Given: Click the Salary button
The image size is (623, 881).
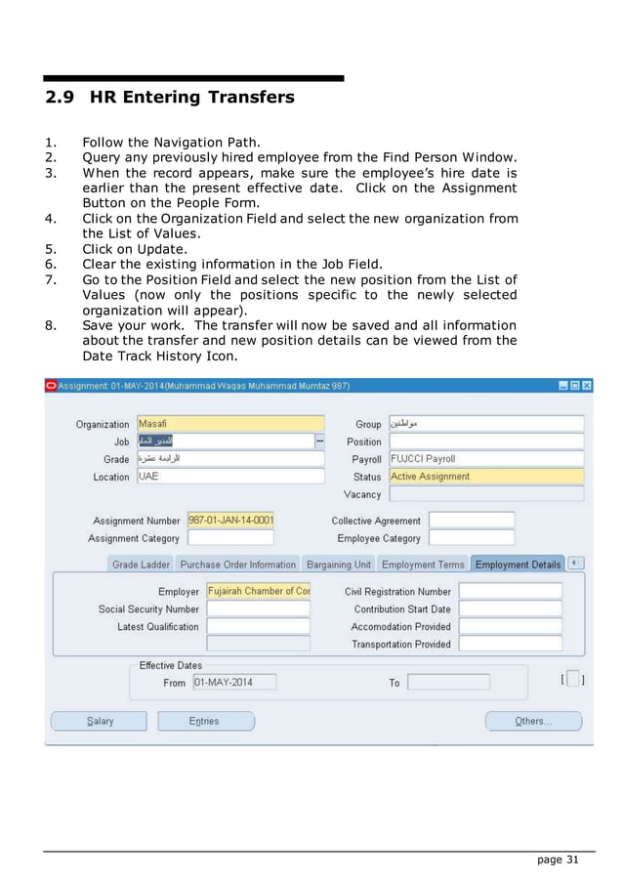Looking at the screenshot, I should tap(99, 721).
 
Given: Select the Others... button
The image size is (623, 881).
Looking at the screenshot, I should tap(532, 721).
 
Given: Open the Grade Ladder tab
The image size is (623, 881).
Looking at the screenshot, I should tap(141, 565).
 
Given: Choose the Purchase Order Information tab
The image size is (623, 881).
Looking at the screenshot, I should tap(237, 565).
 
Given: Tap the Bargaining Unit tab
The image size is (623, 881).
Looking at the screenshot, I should tap(338, 565).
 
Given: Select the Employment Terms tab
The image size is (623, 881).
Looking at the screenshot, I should tap(423, 565).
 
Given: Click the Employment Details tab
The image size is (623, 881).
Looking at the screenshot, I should tap(518, 565).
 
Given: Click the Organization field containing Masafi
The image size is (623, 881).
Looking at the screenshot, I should tap(229, 424).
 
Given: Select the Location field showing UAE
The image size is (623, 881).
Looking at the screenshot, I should tap(229, 477).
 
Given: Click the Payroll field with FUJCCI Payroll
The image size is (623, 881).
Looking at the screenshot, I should tap(485, 459).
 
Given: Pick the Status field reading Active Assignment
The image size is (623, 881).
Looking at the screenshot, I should tap(485, 477).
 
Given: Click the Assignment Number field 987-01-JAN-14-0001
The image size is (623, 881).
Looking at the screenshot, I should tap(230, 521).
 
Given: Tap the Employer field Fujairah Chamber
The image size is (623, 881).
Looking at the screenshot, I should tap(258, 591).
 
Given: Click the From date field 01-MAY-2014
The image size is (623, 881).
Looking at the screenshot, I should tap(234, 682).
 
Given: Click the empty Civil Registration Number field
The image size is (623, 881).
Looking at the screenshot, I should tap(510, 591).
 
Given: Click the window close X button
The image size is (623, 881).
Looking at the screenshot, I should tap(587, 386).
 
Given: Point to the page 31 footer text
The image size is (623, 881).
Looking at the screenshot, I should tap(559, 860).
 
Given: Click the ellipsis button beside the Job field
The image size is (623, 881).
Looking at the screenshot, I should tap(319, 441).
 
